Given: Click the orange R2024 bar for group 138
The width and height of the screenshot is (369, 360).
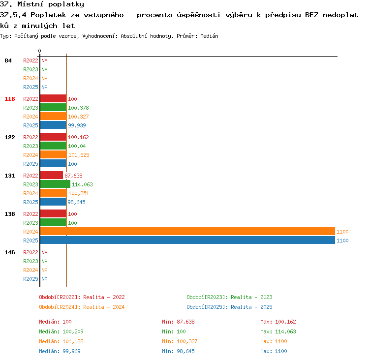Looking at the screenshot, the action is coord(187,231).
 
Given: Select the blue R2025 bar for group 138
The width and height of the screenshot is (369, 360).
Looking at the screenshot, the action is coord(187,240).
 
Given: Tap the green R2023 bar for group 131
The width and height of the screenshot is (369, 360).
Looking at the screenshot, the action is coord(55,184).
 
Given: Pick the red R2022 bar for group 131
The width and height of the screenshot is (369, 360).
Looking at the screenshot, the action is coord(52,175).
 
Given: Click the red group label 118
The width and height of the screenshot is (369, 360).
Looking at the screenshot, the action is coord(10,99).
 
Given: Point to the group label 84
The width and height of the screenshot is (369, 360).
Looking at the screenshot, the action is coord(8,60).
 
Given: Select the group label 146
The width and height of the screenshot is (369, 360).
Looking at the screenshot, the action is coord(10,252).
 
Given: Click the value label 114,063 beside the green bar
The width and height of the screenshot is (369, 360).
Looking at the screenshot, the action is coord(82,184).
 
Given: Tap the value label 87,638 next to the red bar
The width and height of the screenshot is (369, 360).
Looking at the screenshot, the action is coord(73,176).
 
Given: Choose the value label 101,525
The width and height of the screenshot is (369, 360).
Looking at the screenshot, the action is coord(79,155).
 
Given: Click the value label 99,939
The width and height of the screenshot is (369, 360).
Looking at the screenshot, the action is coord(77,125).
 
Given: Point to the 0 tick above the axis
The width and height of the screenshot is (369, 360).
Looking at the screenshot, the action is coord(39,51).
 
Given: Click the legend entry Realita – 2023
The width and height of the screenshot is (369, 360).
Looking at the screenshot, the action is coord(251,297).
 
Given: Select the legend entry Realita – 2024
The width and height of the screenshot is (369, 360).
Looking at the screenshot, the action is coord(104,307).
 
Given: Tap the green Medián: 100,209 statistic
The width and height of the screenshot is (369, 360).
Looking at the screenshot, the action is coord(61,331).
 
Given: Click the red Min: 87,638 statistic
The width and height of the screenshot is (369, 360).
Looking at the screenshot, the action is coord(179,322).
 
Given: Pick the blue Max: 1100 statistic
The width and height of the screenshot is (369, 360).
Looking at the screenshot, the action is coord(274,351).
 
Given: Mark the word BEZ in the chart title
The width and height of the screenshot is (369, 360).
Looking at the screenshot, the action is coord(311,15).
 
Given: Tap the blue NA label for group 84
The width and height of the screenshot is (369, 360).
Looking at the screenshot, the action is coord(44,87).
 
